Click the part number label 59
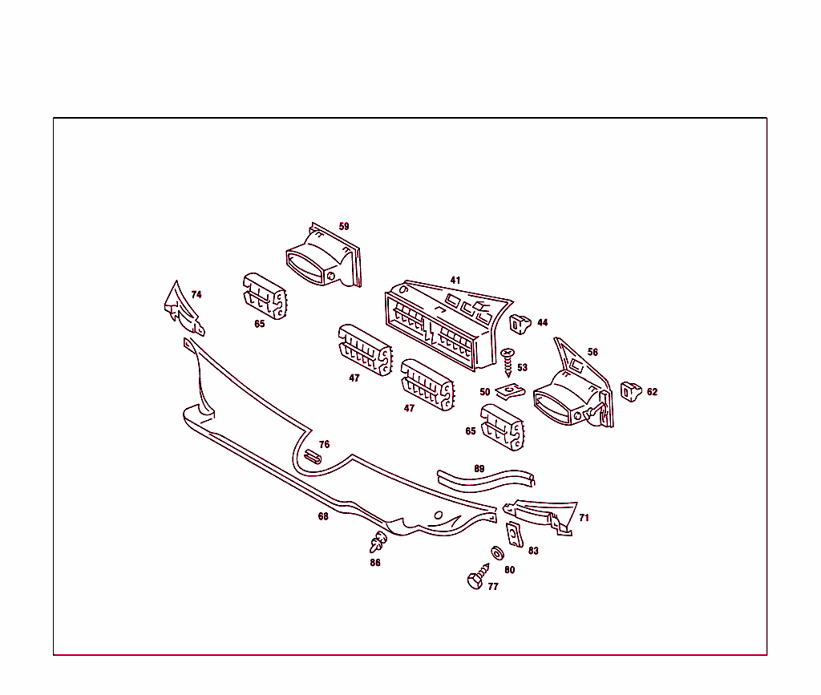343,226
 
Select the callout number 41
455,280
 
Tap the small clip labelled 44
520,324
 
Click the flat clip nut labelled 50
510,390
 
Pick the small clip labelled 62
630,391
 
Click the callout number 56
592,352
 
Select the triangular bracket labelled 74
184,309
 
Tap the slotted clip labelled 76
313,456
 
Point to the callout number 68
323,516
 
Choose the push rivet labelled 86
378,542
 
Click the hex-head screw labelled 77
478,576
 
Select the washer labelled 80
497,552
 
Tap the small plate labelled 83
514,535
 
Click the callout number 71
584,518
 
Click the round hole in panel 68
439,515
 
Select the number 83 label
533,551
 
